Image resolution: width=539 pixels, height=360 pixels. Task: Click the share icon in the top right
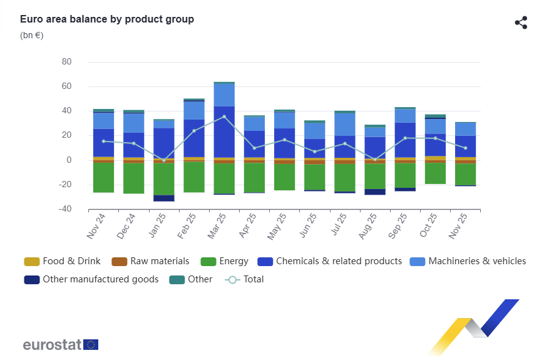521,23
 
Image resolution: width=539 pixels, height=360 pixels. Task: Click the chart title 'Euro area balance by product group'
107,19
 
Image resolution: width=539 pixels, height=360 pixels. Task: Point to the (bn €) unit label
32,35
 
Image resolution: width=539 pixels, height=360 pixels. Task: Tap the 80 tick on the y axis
67,62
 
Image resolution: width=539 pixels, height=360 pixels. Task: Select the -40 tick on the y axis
65,209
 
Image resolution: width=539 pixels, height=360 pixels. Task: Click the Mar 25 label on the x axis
214,226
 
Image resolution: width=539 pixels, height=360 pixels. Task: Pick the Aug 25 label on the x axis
365,226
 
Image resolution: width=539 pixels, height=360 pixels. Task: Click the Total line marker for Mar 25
224,116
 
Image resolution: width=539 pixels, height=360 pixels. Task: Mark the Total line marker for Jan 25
164,160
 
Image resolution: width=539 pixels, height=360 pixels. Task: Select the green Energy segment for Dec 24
134,178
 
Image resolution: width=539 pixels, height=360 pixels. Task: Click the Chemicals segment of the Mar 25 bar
224,131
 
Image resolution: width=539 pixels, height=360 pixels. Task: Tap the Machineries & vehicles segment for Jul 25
345,124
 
